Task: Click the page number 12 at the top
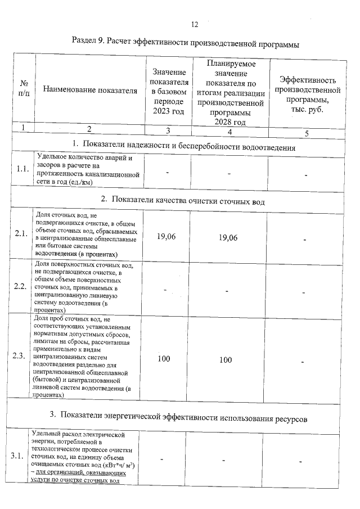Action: (195, 24)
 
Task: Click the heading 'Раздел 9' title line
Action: (186, 43)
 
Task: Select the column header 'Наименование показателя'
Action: (90, 90)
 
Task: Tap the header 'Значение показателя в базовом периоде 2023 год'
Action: (168, 90)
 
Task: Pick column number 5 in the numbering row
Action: (307, 133)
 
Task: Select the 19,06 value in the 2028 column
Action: (227, 238)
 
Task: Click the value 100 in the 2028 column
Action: (226, 359)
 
